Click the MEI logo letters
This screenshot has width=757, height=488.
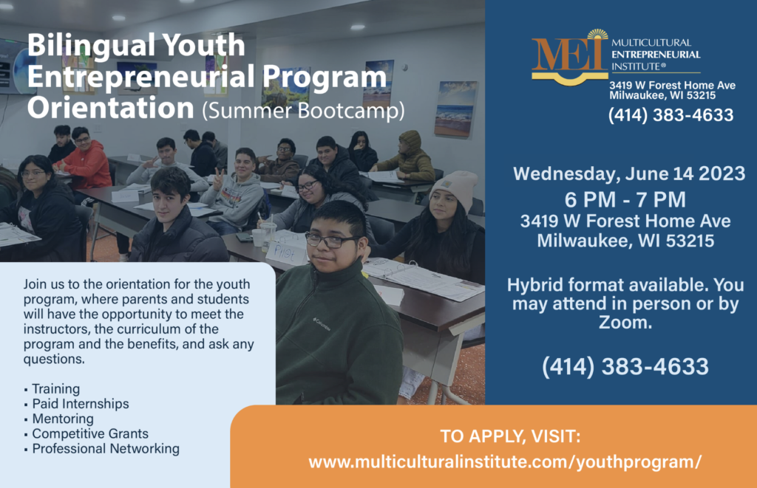[568, 55]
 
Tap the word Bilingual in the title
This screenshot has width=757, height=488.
[90, 45]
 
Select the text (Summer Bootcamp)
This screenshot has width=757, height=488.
[303, 111]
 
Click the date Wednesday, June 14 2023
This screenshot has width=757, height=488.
[629, 173]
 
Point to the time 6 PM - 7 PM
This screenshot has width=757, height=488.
[625, 199]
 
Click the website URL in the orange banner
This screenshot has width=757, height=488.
[505, 462]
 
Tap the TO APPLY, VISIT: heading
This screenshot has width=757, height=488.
[510, 436]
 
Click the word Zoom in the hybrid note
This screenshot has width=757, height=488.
[625, 322]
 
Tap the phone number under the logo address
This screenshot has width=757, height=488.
[671, 115]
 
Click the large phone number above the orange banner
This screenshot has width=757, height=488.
[625, 366]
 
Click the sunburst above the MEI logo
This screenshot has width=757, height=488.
[597, 34]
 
